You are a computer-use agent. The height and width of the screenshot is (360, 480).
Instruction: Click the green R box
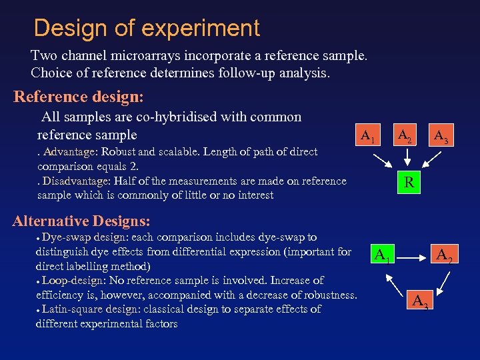coord(409,182)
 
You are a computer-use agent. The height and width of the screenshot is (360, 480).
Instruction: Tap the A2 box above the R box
coord(405,136)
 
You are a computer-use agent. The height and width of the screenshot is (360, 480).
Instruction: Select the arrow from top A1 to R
coord(384,161)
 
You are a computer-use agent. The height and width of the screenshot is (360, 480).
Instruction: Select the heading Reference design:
coord(79,97)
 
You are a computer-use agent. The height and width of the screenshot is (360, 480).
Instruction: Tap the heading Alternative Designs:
coord(81,221)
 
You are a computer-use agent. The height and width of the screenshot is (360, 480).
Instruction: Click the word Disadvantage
coord(73,181)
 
